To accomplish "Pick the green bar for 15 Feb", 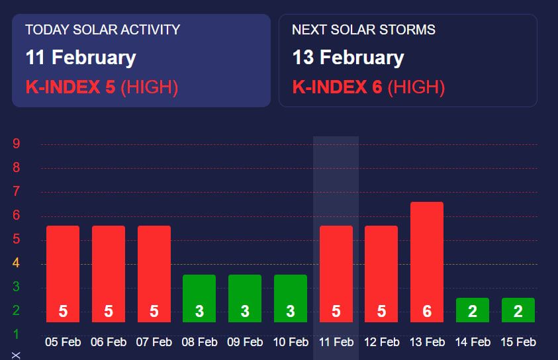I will (x=518, y=310).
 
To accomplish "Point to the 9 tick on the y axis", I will (x=17, y=144).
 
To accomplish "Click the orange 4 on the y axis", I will (x=17, y=263).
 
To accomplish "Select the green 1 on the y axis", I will (x=17, y=334).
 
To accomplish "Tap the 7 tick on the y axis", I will (x=17, y=192).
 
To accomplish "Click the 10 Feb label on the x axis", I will (x=291, y=342).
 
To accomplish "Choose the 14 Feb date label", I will (x=473, y=342).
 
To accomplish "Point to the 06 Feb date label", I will (x=109, y=342).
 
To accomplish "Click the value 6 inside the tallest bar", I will (x=427, y=312).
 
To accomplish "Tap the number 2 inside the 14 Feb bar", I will (x=473, y=312).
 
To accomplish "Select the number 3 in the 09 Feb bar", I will (x=245, y=312).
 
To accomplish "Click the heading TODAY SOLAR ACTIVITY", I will (x=103, y=30).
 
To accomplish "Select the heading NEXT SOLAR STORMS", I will (x=363, y=30).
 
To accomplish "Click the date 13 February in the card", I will (x=348, y=58).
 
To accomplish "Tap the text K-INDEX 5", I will (x=70, y=87).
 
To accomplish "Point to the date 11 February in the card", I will (x=81, y=58).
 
